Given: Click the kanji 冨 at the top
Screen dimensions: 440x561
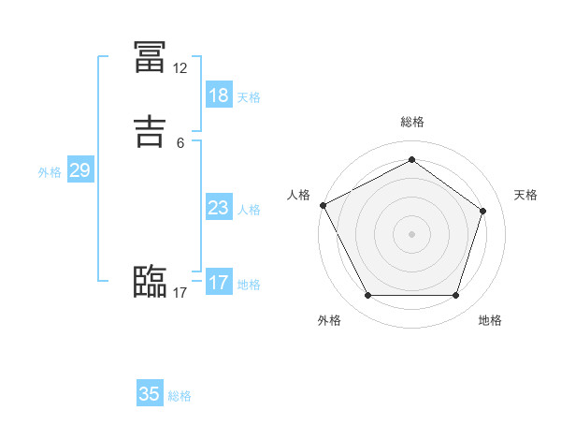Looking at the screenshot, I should tap(150, 57).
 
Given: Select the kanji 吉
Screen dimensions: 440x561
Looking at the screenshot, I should tap(150, 130).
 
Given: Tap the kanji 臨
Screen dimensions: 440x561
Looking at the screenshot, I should tap(150, 281).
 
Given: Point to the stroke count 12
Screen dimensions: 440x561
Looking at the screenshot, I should tap(180, 68).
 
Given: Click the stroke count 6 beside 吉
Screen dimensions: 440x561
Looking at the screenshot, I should tap(180, 142).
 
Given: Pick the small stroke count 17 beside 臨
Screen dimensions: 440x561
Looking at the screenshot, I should tap(180, 293).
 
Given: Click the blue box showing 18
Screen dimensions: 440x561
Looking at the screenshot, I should tap(218, 95).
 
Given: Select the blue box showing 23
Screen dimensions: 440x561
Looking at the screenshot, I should tap(218, 208).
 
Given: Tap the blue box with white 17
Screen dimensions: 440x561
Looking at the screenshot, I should tap(218, 282).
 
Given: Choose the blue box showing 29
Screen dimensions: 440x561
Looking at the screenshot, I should tap(79, 170).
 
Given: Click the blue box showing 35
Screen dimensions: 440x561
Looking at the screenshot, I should tap(150, 394).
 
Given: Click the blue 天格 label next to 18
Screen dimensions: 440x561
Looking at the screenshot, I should tap(249, 97).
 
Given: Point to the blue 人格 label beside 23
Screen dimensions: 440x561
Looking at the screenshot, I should tap(249, 210).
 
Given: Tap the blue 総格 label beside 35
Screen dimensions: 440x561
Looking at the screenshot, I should tap(180, 396).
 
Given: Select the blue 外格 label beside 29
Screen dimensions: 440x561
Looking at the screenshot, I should tap(50, 172).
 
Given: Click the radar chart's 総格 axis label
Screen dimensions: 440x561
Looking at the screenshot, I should tap(411, 122).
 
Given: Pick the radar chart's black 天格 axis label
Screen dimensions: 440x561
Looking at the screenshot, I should tap(525, 195).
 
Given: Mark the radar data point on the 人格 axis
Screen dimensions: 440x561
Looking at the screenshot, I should tap(323, 205).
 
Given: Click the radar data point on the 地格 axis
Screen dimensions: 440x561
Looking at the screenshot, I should tap(455, 296).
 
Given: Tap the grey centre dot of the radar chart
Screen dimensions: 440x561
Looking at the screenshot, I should tap(411, 234).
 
